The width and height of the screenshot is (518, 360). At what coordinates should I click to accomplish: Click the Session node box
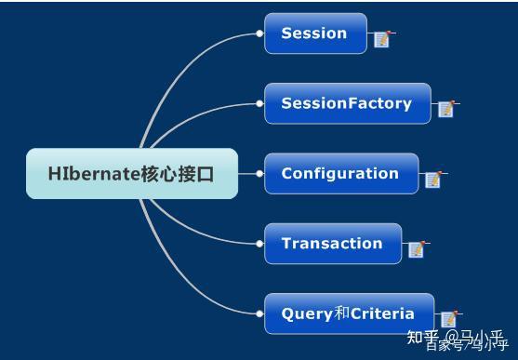pos(315,33)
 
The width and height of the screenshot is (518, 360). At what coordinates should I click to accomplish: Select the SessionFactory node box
pos(347,103)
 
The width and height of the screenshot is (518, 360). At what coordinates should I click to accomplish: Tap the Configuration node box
pos(340,174)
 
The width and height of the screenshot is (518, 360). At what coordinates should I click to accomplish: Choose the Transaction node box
pos(332,244)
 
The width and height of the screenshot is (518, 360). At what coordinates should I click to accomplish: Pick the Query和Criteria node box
pos(348,313)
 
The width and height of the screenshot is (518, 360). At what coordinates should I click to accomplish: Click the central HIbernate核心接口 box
pos(131,173)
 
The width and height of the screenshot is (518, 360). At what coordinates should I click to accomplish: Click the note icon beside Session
pos(381,38)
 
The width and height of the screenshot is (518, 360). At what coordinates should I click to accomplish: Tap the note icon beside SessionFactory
pos(446,109)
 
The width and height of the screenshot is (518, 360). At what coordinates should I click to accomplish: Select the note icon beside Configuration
pos(433,179)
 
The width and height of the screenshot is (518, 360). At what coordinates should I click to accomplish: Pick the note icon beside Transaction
pos(416,248)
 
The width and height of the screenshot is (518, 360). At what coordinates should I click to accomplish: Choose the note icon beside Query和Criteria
pos(448,319)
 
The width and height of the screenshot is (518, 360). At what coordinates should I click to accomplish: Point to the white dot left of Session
pos(259,33)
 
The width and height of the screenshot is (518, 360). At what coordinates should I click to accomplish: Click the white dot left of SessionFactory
pos(259,103)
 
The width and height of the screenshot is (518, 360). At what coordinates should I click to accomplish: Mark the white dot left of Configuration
pos(259,173)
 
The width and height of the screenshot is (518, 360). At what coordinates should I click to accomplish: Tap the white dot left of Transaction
pos(259,244)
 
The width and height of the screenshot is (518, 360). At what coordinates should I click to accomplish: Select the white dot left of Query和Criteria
pos(259,313)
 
